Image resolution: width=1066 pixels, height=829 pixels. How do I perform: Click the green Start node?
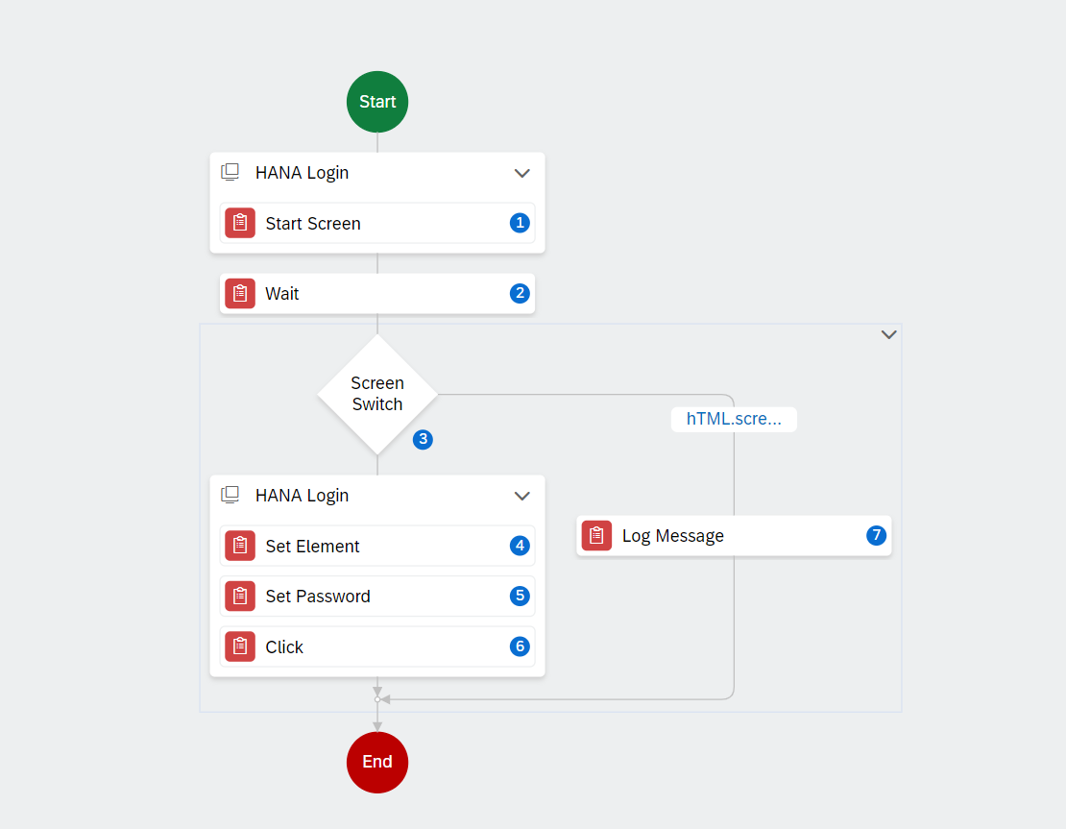[377, 102]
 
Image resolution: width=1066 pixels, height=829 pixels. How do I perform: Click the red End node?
[377, 763]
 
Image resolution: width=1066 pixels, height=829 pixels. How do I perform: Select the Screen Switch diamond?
[377, 395]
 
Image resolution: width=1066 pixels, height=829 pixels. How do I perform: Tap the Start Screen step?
[377, 223]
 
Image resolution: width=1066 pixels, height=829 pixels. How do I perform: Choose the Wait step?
[377, 294]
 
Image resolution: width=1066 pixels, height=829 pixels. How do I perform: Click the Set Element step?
[377, 546]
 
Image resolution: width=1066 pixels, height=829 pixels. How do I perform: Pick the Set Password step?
[377, 597]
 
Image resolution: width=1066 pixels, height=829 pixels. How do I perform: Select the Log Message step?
[735, 536]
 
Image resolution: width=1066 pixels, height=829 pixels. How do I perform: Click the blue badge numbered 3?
[423, 439]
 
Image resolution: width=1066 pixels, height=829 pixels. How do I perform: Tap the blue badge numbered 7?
[876, 535]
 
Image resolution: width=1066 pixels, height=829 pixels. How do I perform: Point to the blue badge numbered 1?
[521, 223]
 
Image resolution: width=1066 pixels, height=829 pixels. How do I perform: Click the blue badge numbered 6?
[521, 646]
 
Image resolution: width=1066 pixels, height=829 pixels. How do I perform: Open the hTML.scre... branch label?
[734, 419]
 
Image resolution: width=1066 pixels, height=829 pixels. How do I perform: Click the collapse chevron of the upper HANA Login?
[522, 174]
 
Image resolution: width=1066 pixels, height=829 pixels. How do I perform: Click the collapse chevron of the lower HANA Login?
[522, 497]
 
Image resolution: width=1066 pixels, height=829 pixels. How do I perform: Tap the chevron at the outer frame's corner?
[888, 334]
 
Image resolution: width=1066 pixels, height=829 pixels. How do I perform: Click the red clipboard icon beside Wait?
[240, 294]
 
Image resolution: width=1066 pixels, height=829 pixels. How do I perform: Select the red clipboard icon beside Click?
[240, 646]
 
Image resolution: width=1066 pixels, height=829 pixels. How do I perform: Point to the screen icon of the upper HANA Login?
[230, 172]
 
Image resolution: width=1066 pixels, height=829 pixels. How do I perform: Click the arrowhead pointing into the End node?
[377, 727]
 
